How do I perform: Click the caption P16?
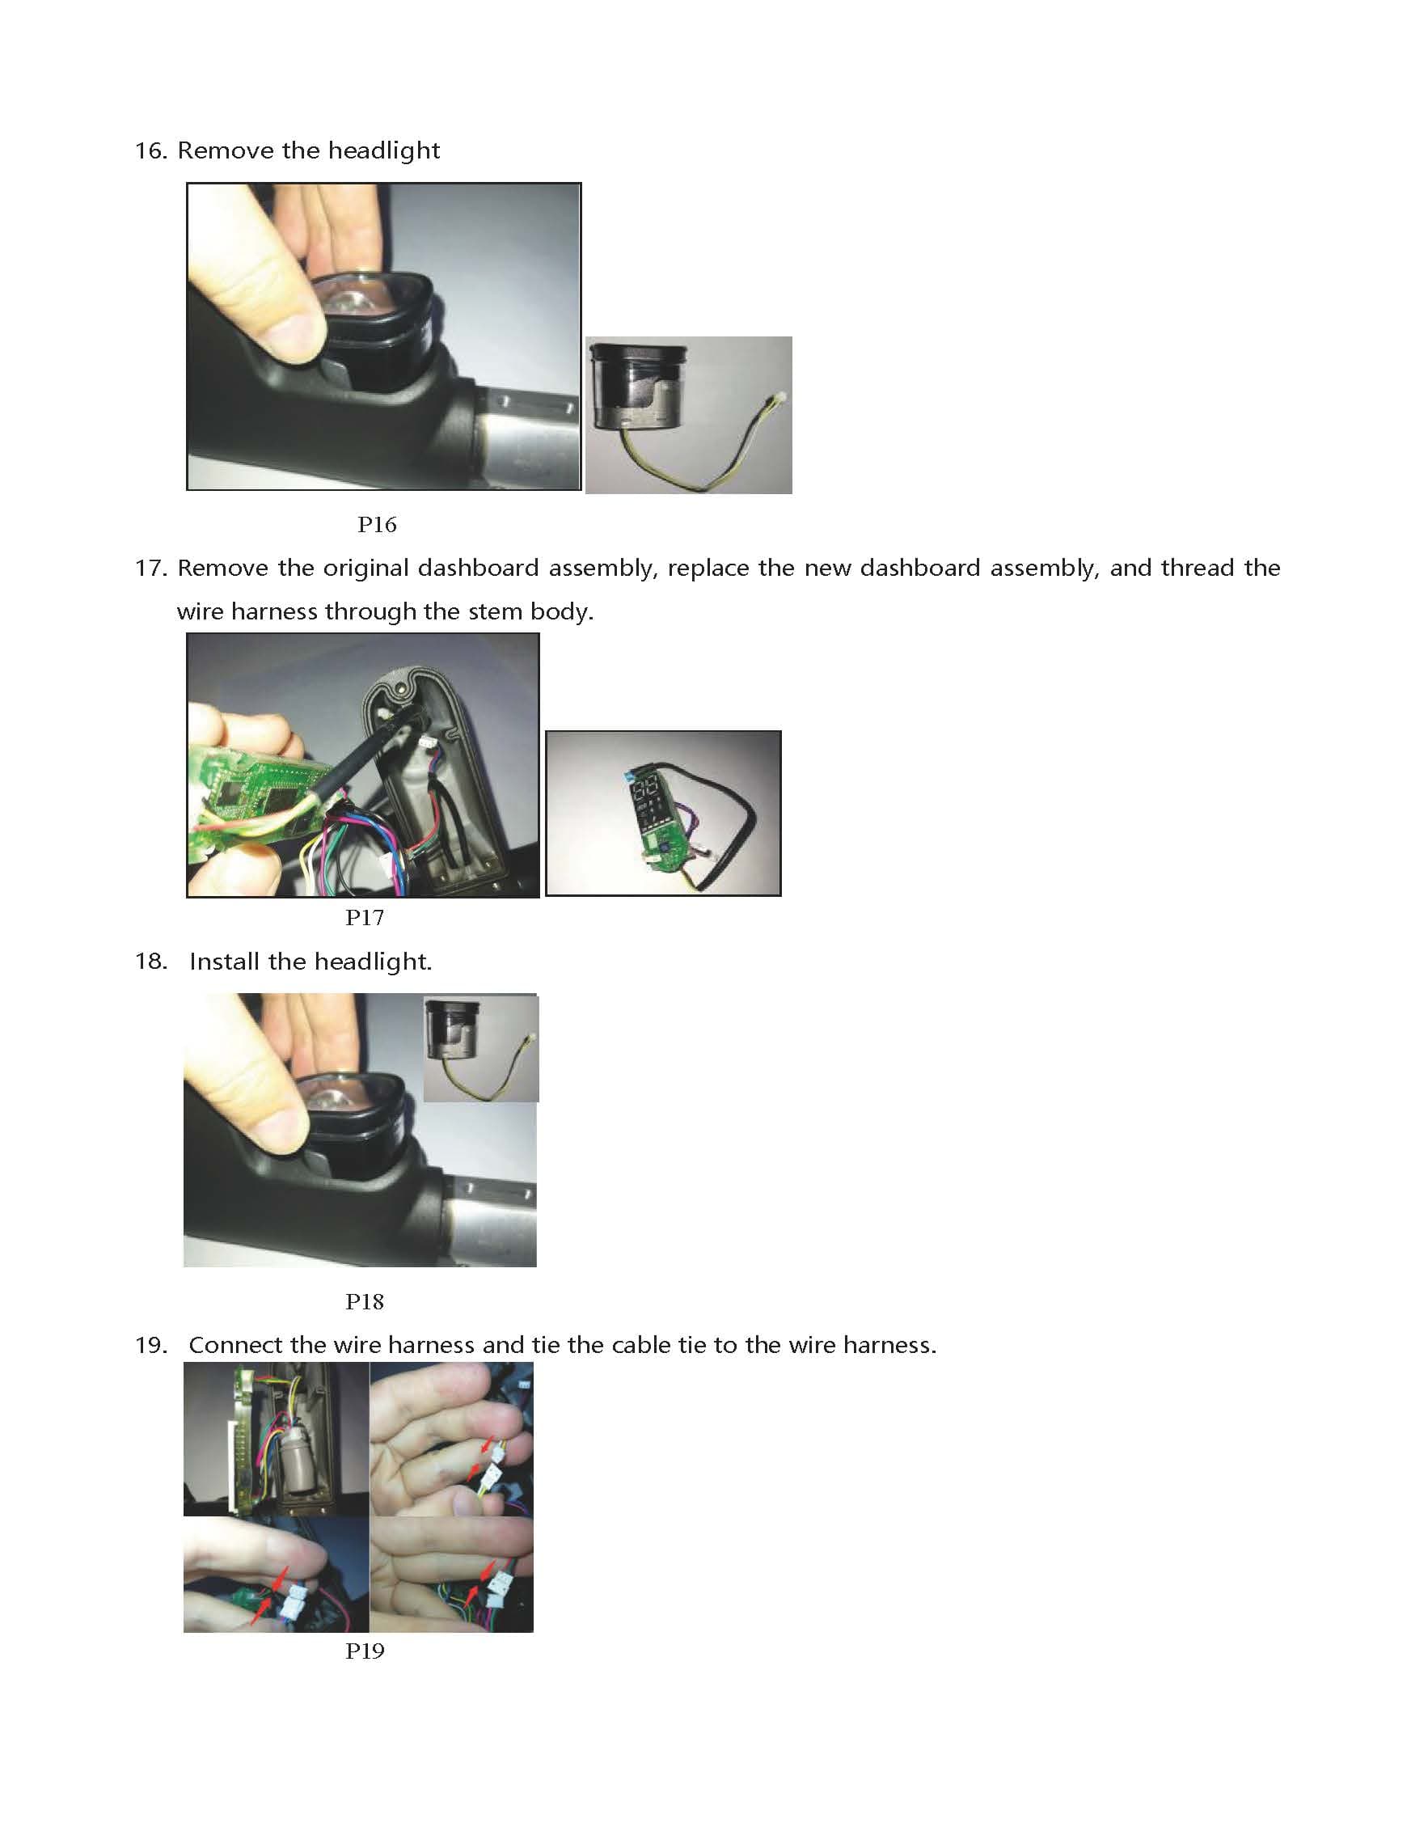(x=376, y=525)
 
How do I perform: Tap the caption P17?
(x=365, y=918)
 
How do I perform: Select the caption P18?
(x=365, y=1302)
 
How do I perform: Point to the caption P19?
(x=365, y=1651)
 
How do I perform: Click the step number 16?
(x=151, y=151)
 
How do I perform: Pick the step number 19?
(x=151, y=1346)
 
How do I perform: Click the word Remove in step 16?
(x=226, y=151)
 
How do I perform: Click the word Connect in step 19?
(x=236, y=1346)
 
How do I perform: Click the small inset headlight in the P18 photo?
(x=480, y=1048)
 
